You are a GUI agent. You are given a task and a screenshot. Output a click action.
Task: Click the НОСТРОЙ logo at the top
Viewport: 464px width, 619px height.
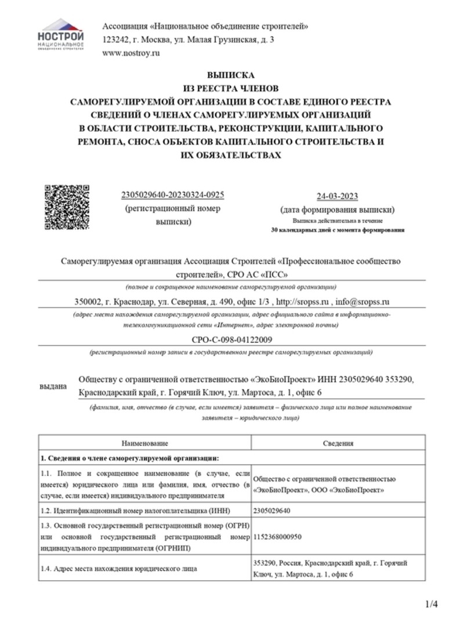(60, 34)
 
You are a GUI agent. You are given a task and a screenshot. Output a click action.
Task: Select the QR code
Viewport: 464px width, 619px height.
(67, 207)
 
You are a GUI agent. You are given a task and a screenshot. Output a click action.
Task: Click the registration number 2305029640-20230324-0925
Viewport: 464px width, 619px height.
(173, 195)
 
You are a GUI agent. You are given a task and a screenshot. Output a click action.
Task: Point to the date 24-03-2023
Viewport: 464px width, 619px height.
(338, 196)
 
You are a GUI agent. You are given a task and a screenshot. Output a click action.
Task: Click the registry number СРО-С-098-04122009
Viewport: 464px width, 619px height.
(231, 339)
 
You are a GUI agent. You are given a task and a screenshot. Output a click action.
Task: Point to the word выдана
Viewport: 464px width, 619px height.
(53, 386)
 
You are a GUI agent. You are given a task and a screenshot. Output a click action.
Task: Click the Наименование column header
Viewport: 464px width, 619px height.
(144, 443)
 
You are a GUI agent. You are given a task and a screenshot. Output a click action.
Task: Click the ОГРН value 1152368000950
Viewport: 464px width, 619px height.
(278, 537)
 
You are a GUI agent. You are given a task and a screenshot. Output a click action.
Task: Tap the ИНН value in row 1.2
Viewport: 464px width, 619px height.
(272, 511)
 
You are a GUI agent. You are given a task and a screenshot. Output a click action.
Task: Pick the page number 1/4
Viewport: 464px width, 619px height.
(432, 604)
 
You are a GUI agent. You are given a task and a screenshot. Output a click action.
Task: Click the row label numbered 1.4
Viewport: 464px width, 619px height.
(119, 569)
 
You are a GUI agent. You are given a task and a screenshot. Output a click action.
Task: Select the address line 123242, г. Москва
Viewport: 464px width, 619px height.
(188, 39)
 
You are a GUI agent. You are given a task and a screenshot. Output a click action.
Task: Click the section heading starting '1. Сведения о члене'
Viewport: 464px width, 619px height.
(129, 458)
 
